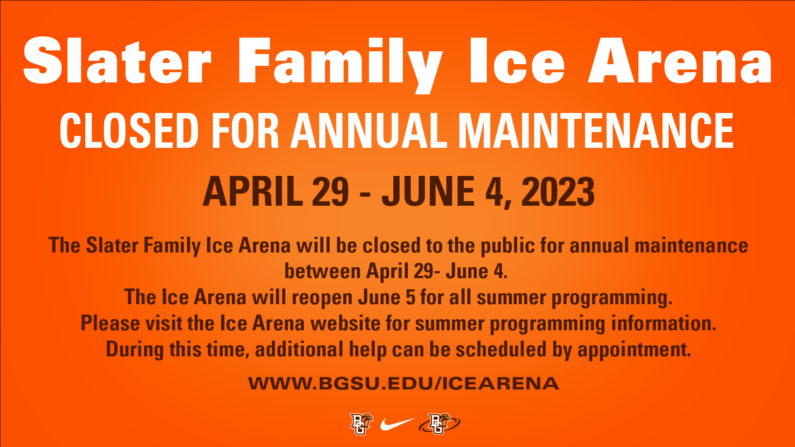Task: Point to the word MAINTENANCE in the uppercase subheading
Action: point(596,130)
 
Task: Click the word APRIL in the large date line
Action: point(253,191)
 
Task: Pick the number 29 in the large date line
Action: point(330,191)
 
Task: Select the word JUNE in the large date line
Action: point(428,191)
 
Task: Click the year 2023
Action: point(558,191)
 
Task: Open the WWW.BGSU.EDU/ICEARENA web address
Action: point(404,383)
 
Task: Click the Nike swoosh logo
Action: point(397,424)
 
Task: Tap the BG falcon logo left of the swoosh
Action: point(361,424)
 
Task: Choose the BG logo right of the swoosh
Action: point(439,424)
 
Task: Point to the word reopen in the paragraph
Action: point(322,298)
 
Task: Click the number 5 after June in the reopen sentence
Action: point(410,297)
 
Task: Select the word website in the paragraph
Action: point(346,323)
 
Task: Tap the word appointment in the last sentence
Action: point(634,350)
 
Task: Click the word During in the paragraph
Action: point(135,349)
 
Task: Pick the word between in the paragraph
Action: point(323,272)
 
